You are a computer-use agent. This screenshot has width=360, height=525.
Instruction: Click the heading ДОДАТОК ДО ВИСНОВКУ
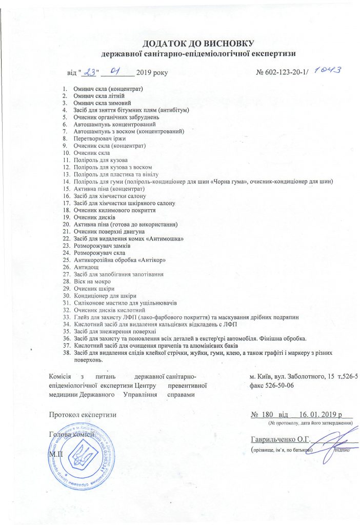click(198, 44)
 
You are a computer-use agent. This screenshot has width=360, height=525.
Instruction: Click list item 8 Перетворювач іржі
click(99, 138)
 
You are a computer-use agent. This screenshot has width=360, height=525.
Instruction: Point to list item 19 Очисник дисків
click(94, 217)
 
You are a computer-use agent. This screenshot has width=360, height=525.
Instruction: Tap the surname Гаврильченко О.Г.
click(279, 438)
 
